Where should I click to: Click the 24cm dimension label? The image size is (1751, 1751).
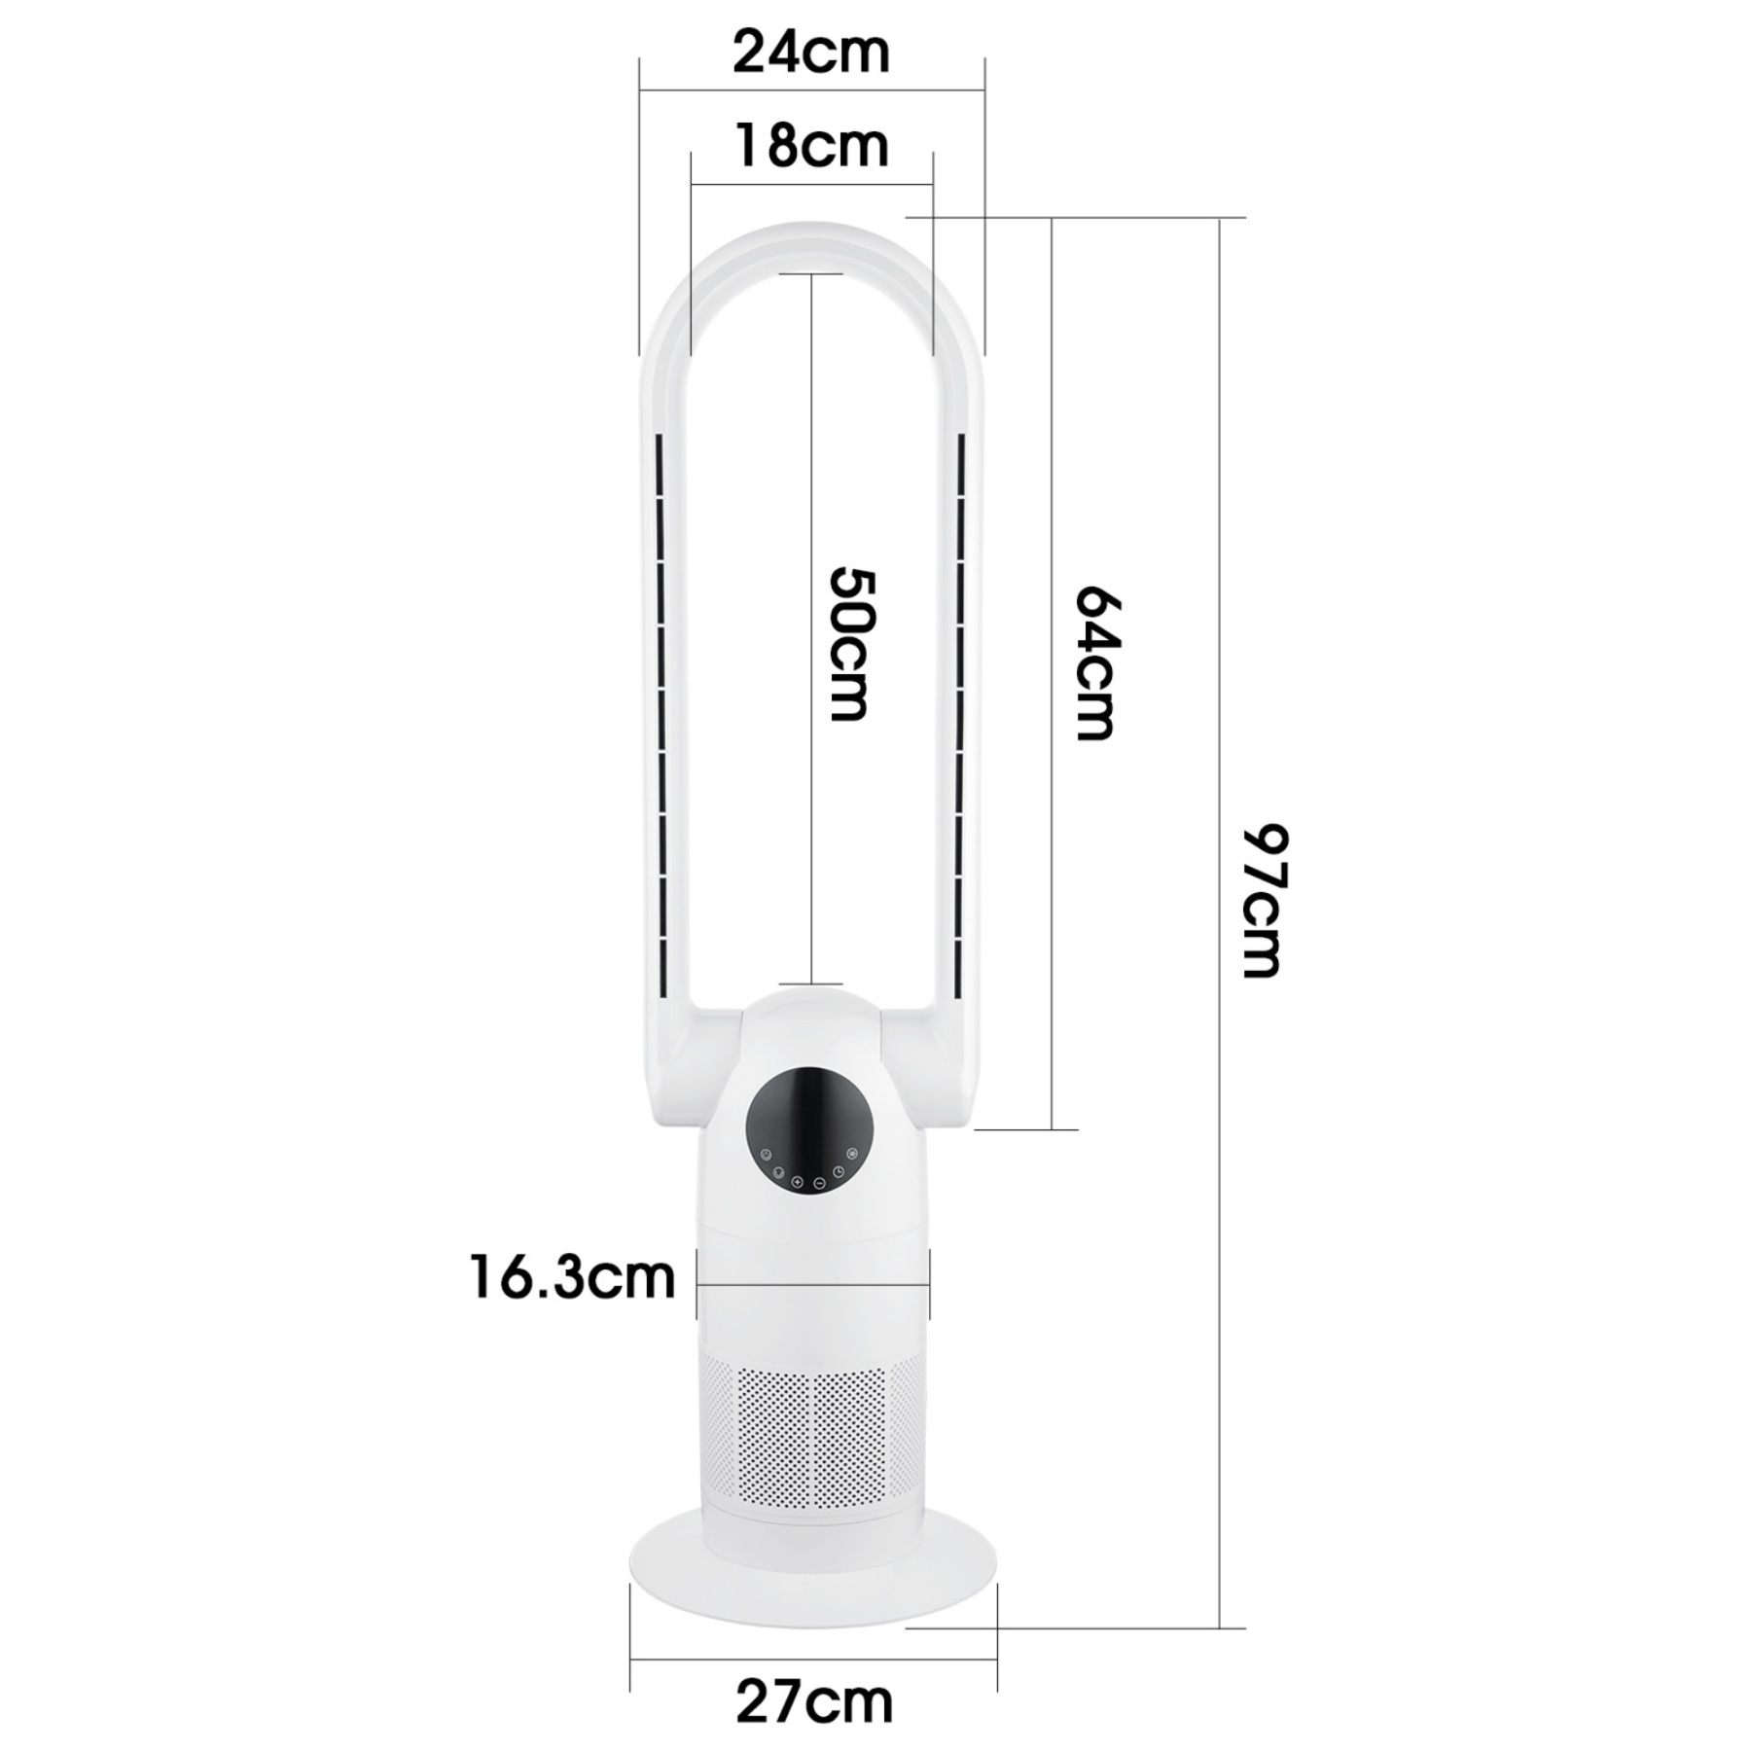pyautogui.click(x=810, y=52)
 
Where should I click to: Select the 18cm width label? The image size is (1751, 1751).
pyautogui.click(x=810, y=146)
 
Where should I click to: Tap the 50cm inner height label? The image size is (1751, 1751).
pyautogui.click(x=851, y=644)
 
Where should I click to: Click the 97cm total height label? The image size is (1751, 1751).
pyautogui.click(x=1265, y=901)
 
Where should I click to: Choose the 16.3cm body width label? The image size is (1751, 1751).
pyautogui.click(x=572, y=1277)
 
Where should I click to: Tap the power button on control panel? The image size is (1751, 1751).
pyautogui.click(x=766, y=1155)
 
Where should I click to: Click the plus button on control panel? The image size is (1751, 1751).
pyautogui.click(x=797, y=1182)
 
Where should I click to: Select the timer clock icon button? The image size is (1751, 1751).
pyautogui.click(x=839, y=1171)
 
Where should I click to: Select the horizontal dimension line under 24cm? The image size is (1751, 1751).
pyautogui.click(x=810, y=91)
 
